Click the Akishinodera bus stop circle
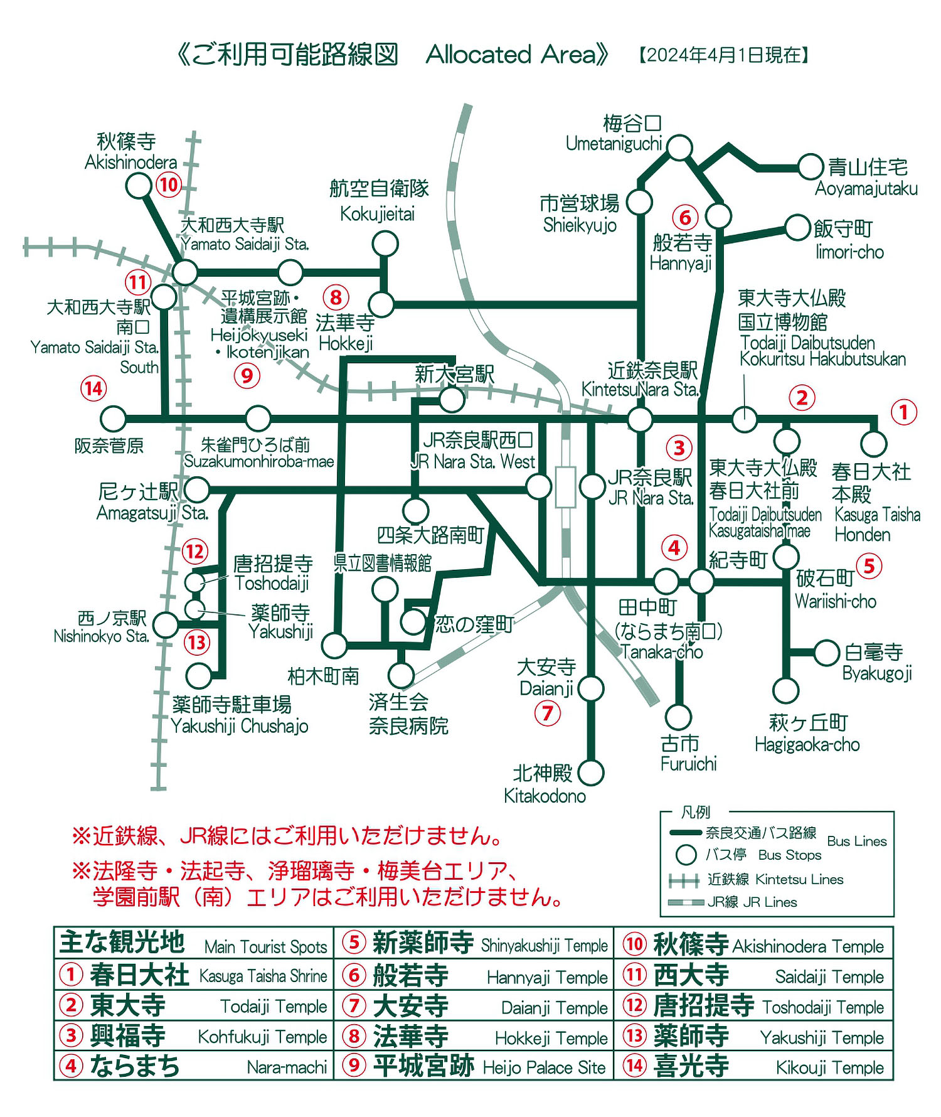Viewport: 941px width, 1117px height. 139,186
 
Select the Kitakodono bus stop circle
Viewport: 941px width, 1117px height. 590,772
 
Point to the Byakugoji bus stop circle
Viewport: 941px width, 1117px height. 826,653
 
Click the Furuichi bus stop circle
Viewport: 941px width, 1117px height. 678,717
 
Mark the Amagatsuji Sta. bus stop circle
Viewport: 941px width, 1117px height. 197,489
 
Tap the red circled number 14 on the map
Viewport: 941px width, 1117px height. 93,388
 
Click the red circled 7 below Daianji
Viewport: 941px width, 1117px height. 547,713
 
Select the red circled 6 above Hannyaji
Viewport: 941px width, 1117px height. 685,218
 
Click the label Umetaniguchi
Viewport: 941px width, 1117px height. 614,144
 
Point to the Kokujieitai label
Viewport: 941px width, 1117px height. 378,214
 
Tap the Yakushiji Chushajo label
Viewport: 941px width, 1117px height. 240,726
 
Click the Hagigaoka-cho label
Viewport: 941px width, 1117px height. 807,745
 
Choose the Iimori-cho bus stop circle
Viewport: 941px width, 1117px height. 797,227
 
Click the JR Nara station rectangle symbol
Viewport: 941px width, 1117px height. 565,487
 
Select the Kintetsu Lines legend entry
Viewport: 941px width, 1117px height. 775,880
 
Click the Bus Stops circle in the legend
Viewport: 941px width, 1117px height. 686,855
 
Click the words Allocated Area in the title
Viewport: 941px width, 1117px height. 511,55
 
